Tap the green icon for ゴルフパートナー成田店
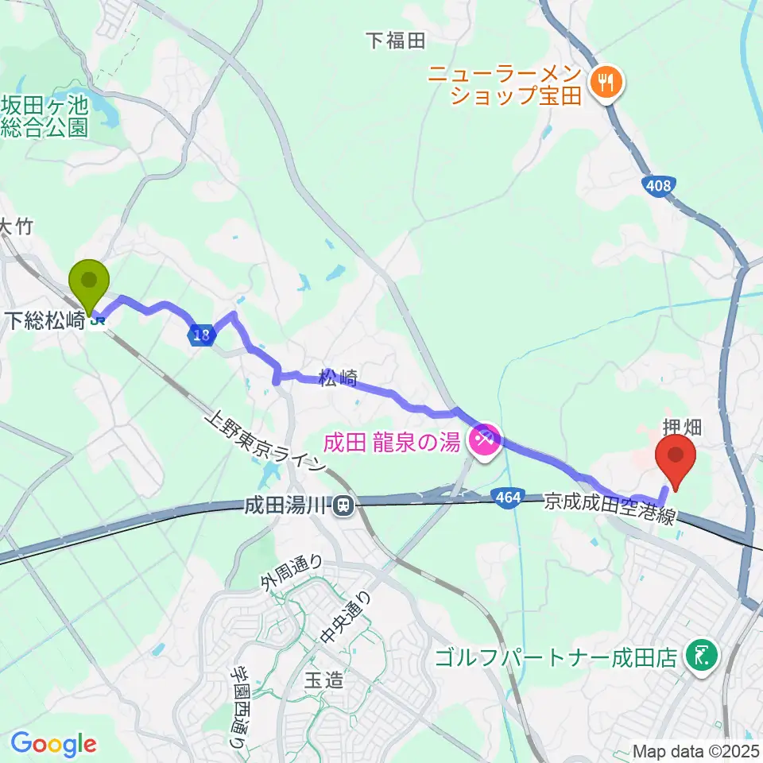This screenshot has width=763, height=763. click(703, 656)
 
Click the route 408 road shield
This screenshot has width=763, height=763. click(658, 185)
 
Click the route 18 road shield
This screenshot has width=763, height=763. click(203, 335)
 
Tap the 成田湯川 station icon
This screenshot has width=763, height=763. click(343, 504)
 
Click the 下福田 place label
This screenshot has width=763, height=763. click(396, 41)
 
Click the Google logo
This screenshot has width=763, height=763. click(53, 744)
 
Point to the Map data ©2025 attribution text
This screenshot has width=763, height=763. click(696, 750)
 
